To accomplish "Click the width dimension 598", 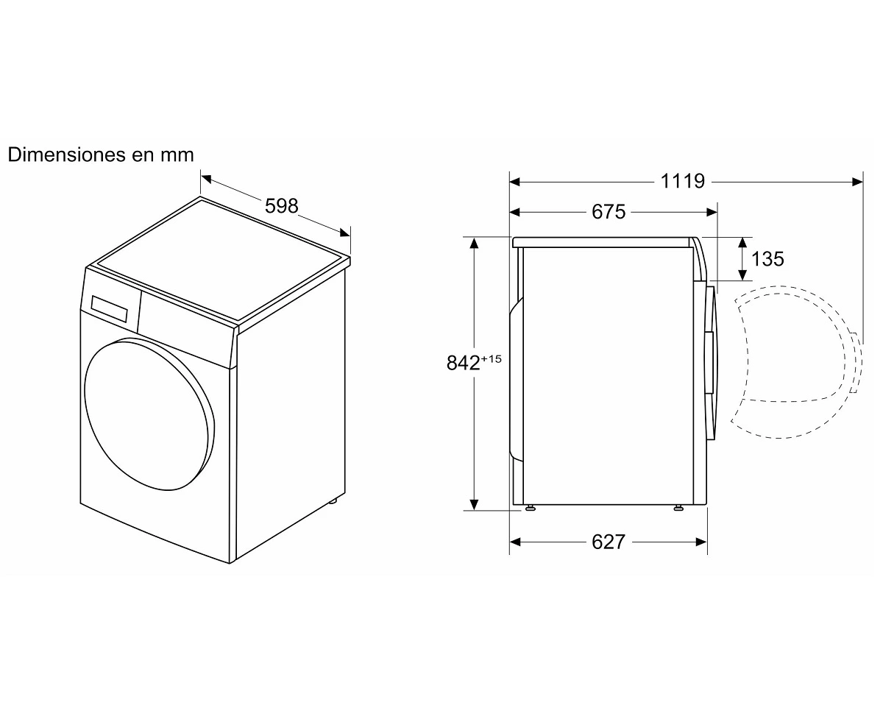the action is [282, 205].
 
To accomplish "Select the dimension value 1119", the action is [683, 181].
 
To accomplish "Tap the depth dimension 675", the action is [609, 212].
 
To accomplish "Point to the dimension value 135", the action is [767, 259].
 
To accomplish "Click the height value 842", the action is [463, 363].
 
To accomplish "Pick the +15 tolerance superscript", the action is [491, 358].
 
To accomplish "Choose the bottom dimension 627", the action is [609, 542].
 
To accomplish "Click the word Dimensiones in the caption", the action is [66, 155].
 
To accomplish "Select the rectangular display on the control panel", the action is [109, 308].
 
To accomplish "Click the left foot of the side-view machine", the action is [530, 508].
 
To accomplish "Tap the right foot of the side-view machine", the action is [678, 508].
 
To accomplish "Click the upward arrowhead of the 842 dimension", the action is [474, 243].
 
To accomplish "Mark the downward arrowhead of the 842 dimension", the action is [474, 505].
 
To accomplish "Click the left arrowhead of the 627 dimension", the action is [515, 542].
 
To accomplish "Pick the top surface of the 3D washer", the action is [220, 259].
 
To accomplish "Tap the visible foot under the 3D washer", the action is [333, 500].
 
